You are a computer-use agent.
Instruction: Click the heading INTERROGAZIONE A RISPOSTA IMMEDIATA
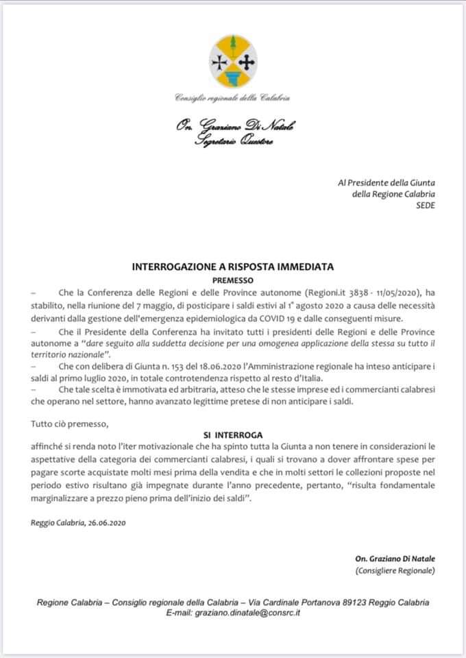click(x=232, y=267)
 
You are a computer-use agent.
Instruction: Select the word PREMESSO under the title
click(x=233, y=280)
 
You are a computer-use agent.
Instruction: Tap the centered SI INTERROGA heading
click(x=233, y=435)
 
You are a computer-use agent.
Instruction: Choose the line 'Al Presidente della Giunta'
click(x=387, y=182)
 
